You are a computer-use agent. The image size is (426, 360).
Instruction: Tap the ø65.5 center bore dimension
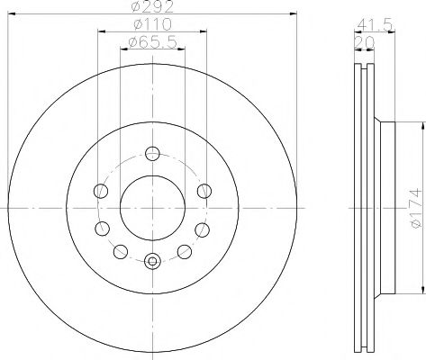coord(150,42)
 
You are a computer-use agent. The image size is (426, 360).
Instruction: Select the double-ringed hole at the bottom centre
coord(151,261)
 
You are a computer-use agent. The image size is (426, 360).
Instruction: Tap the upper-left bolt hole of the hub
coord(99,187)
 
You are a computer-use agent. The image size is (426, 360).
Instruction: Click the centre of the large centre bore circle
coord(151,206)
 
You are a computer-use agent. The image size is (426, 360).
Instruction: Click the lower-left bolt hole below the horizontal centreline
coord(103,226)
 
